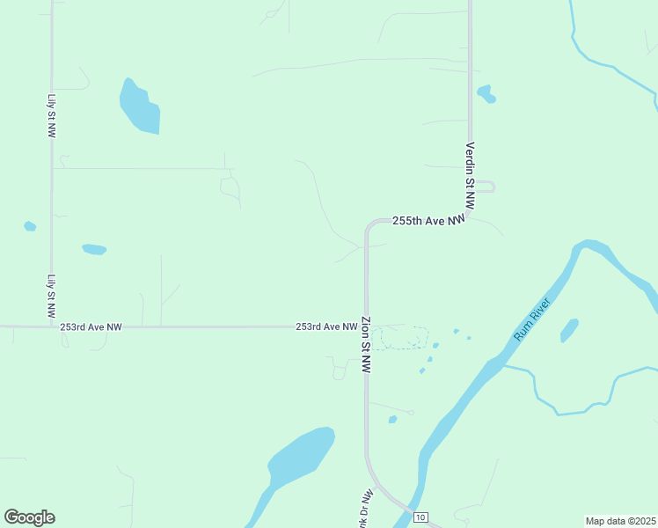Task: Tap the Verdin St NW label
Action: pyautogui.click(x=470, y=175)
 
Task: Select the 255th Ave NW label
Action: pyautogui.click(x=428, y=221)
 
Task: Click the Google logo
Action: pyautogui.click(x=29, y=517)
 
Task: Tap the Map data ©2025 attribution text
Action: pyautogui.click(x=620, y=521)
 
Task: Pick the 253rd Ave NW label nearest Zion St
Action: pyautogui.click(x=326, y=326)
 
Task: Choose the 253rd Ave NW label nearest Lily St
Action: pyautogui.click(x=91, y=326)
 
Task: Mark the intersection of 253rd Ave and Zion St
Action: pyautogui.click(x=366, y=326)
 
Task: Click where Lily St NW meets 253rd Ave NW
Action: pyautogui.click(x=51, y=326)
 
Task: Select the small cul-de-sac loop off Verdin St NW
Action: pyautogui.click(x=487, y=187)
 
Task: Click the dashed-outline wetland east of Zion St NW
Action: pyautogui.click(x=400, y=337)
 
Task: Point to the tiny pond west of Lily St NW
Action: pyautogui.click(x=30, y=226)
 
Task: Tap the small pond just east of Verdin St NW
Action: pyautogui.click(x=486, y=92)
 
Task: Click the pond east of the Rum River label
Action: pyautogui.click(x=569, y=330)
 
